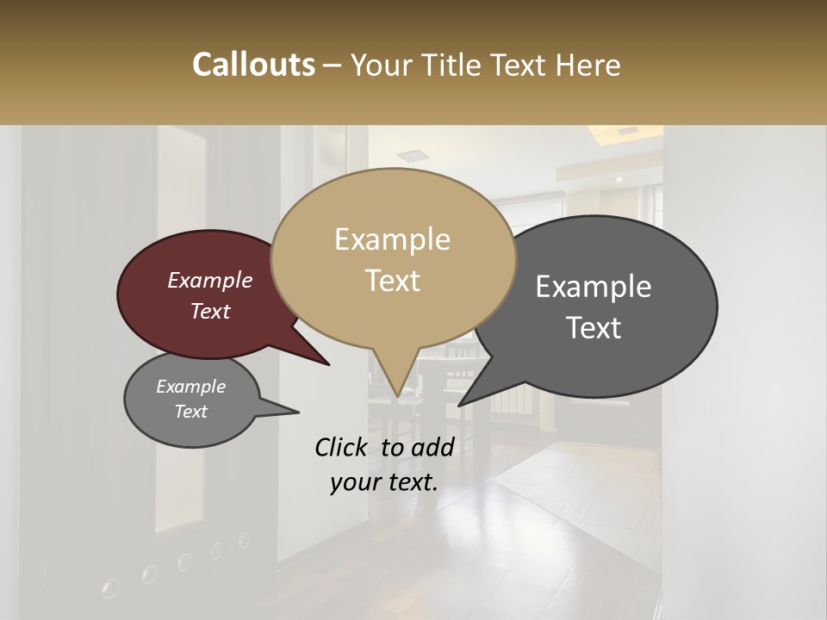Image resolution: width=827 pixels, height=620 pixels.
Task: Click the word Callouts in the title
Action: point(253,65)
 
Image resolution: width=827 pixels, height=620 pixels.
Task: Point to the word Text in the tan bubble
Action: point(392,281)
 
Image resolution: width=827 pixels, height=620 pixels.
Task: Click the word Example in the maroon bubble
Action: point(209,281)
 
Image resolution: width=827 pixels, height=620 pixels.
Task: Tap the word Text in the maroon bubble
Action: point(209,312)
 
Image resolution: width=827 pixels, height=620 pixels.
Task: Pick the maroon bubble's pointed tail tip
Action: point(328,364)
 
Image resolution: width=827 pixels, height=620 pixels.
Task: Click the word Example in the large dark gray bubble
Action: point(594,287)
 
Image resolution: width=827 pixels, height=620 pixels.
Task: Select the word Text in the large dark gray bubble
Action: point(594,328)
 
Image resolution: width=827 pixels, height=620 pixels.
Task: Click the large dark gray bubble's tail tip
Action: point(460,405)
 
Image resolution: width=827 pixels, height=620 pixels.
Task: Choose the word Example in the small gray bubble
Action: point(190,387)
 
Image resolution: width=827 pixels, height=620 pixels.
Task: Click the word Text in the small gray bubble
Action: point(190,412)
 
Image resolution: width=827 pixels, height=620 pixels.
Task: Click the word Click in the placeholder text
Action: point(342,447)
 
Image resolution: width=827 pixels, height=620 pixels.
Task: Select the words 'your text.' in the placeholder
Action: point(384,482)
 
